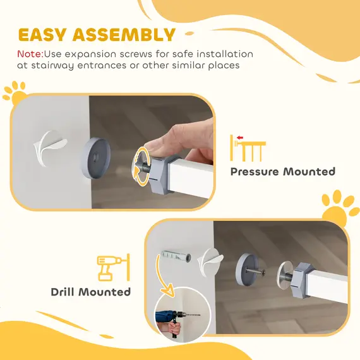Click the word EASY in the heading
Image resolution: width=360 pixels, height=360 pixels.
45,35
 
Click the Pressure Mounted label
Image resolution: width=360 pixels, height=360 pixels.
282,171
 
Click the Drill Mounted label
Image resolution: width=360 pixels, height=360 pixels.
91,292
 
